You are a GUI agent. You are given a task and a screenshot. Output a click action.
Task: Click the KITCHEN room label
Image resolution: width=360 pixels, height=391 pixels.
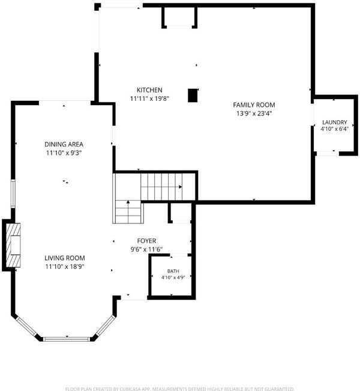(149, 90)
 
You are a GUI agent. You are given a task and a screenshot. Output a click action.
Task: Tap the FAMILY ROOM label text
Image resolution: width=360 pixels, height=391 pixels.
(254, 105)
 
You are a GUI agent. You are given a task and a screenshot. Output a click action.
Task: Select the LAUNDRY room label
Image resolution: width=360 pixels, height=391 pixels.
(335, 122)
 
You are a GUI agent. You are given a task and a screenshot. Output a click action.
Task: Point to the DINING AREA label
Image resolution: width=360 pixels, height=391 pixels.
(64, 144)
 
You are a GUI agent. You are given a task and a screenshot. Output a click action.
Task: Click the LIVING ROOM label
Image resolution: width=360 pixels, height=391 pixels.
(65, 258)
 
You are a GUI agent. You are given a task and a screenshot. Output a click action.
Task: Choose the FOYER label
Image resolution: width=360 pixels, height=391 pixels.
(146, 241)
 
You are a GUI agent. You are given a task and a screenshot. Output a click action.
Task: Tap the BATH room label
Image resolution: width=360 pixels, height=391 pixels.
(173, 271)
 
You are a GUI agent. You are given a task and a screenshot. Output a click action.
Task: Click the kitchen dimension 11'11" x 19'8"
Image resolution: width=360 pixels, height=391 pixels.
(149, 99)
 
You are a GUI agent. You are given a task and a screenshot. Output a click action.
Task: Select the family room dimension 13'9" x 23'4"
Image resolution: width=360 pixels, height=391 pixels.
(254, 114)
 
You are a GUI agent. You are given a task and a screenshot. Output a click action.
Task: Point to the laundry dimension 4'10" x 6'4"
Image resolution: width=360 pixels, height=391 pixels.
(335, 129)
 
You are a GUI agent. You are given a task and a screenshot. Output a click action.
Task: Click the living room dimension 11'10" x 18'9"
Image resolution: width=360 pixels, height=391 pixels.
(65, 267)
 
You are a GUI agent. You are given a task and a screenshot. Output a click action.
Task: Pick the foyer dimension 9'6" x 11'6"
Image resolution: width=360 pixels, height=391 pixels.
(146, 249)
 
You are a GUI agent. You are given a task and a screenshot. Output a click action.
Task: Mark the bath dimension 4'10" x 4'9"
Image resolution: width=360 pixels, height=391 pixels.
(173, 277)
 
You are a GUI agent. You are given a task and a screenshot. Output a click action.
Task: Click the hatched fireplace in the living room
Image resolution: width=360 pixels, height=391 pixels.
(13, 246)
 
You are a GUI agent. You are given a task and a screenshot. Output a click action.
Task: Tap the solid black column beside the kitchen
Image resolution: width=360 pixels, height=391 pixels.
(193, 95)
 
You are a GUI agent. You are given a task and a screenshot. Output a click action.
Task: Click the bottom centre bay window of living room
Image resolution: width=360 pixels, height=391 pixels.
(66, 339)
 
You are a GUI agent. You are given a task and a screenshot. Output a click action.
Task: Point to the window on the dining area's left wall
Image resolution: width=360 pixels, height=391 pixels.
(13, 193)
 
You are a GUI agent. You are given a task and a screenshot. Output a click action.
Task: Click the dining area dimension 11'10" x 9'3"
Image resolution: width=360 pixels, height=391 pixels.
(64, 153)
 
